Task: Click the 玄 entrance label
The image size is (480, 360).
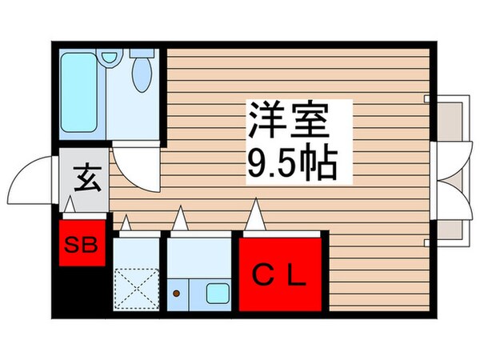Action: coord(82,175)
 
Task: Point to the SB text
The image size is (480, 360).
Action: coord(82,245)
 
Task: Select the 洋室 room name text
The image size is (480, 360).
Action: coord(289,125)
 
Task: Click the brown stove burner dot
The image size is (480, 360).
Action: coord(176,294)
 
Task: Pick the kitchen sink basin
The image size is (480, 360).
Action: coord(217,293)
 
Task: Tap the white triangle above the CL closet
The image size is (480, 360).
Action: coord(257,214)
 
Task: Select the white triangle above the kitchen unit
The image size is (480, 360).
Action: coord(182,217)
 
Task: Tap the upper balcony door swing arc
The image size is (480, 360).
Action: coord(453,164)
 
